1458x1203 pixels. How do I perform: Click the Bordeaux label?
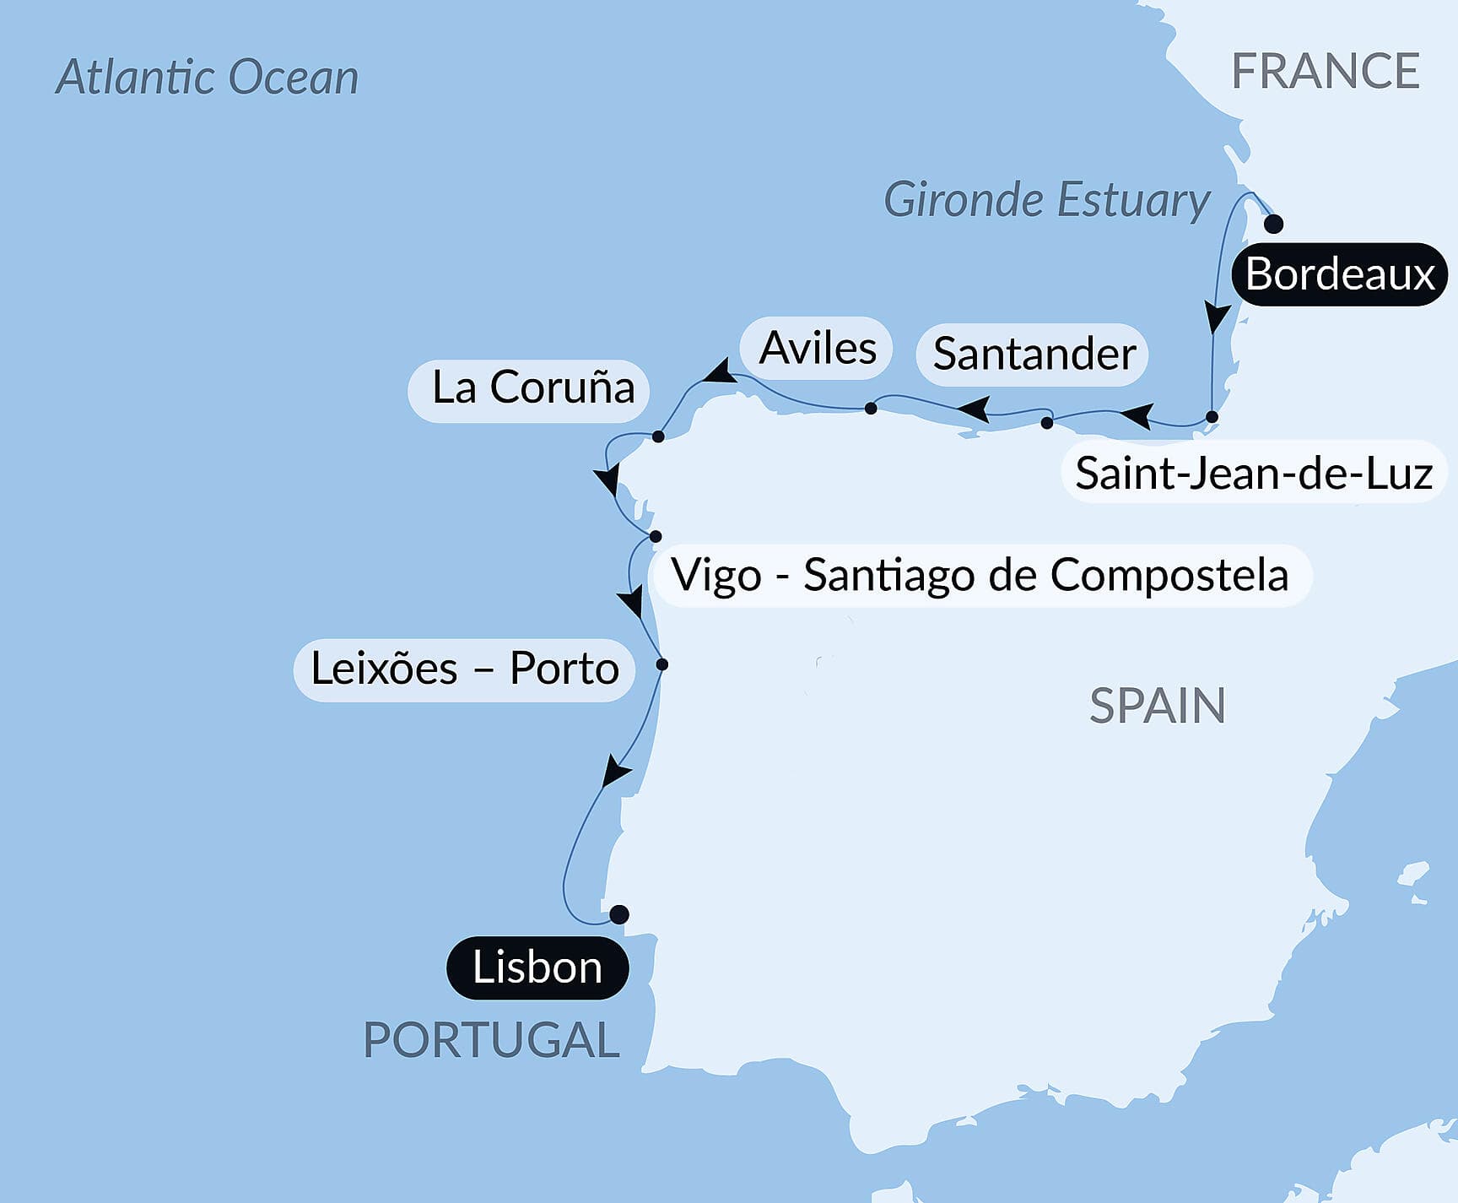pyautogui.click(x=1339, y=274)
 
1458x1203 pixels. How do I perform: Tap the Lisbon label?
pyautogui.click(x=537, y=967)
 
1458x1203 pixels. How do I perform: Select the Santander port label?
pyautogui.click(x=1033, y=354)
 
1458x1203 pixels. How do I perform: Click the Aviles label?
pyautogui.click(x=817, y=348)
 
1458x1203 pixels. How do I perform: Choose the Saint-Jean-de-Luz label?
pyautogui.click(x=1254, y=473)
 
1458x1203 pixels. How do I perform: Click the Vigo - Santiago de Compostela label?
pyautogui.click(x=980, y=575)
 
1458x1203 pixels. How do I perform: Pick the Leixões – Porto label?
pyautogui.click(x=464, y=669)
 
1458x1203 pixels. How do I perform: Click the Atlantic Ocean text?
pyautogui.click(x=207, y=78)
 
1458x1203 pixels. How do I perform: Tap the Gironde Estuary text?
pyautogui.click(x=1046, y=200)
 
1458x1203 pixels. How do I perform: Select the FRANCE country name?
pyautogui.click(x=1325, y=71)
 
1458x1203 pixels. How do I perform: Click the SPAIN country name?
pyautogui.click(x=1157, y=706)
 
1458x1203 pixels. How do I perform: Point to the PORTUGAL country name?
pyautogui.click(x=491, y=1039)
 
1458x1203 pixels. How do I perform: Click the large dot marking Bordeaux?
pyautogui.click(x=1273, y=224)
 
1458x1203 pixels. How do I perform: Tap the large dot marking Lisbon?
pyautogui.click(x=618, y=914)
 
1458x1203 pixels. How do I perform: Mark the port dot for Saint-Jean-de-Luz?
pyautogui.click(x=1212, y=416)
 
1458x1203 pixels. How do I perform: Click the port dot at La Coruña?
pyautogui.click(x=658, y=436)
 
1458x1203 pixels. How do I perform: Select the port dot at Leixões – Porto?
pyautogui.click(x=662, y=664)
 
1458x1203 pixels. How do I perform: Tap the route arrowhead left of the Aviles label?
pyautogui.click(x=720, y=372)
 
